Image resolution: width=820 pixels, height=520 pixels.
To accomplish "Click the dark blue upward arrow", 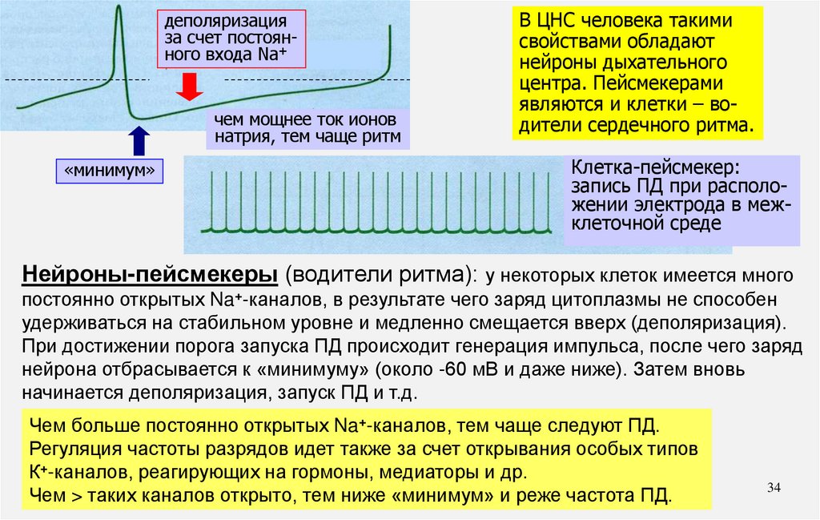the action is pos(138,141).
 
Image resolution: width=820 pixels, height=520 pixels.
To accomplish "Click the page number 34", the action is pos(774,487).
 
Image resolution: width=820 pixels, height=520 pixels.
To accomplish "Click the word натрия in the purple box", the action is pos(237,137).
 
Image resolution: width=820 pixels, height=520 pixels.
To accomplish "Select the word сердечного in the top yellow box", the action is pos(650,126).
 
